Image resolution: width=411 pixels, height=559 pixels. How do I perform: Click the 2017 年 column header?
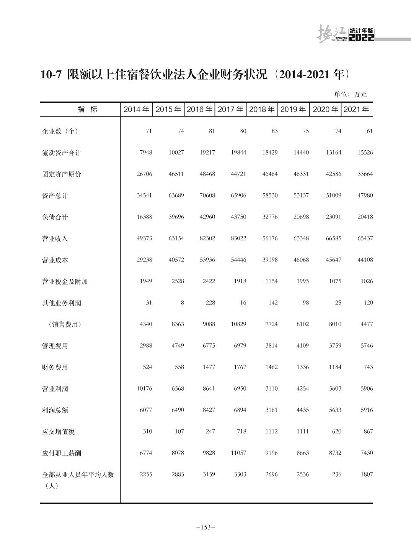(230, 110)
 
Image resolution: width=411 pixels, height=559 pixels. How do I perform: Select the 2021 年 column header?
(356, 110)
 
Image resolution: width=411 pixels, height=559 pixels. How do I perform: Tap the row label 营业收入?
(55, 238)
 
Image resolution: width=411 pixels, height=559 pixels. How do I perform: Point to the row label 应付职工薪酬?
(61, 453)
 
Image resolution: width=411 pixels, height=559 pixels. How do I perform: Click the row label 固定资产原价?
(61, 174)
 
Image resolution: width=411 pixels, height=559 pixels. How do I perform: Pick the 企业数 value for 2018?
(274, 131)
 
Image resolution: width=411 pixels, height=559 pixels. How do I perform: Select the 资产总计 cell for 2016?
(207, 196)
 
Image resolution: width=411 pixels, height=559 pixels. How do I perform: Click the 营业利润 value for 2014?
(144, 389)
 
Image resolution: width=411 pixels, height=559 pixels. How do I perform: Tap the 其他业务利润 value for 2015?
(182, 303)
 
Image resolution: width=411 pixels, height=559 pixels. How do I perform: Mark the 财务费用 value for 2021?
(368, 367)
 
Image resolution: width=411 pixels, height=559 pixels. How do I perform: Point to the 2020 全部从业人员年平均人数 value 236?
(336, 475)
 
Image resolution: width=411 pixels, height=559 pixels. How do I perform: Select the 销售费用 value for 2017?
(238, 324)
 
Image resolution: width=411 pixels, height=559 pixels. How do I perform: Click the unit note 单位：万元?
(350, 94)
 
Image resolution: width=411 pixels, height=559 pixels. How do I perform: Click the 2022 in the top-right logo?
(361, 38)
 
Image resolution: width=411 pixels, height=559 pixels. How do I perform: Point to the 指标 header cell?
(88, 110)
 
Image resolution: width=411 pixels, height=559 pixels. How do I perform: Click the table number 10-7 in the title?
(51, 74)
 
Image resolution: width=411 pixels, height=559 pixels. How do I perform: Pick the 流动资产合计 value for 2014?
(145, 153)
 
